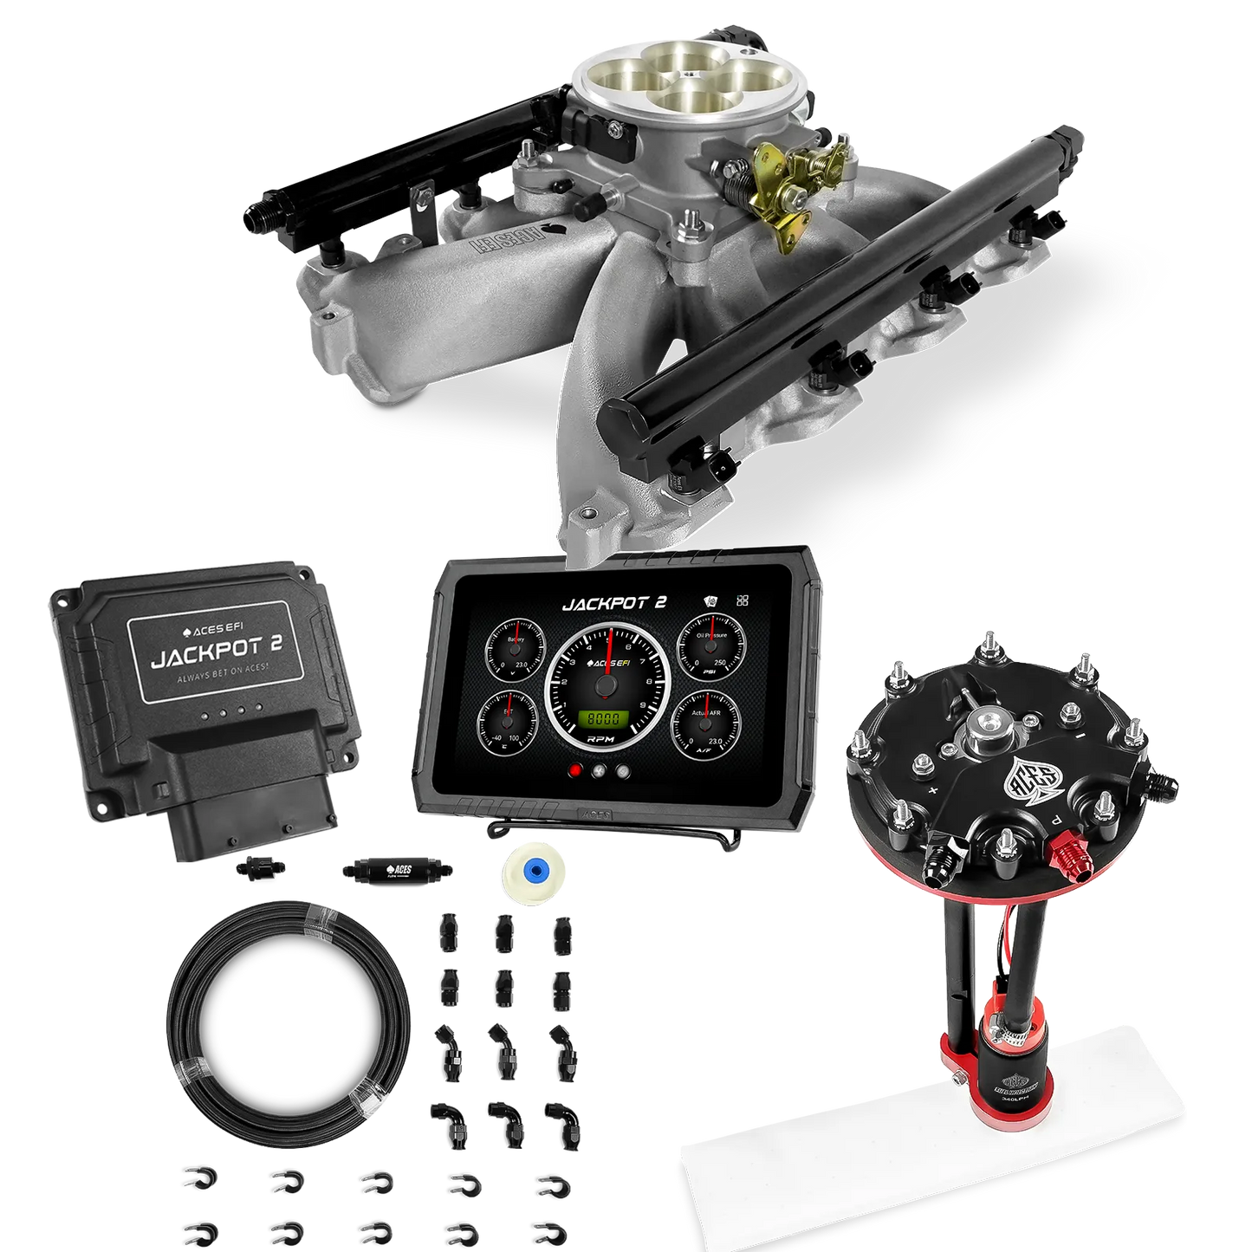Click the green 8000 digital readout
[x=603, y=719]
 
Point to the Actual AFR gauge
[x=705, y=723]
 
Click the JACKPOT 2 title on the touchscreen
[x=613, y=603]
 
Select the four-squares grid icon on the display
[x=742, y=600]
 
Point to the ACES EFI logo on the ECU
[x=212, y=631]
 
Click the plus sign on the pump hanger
[x=933, y=790]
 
